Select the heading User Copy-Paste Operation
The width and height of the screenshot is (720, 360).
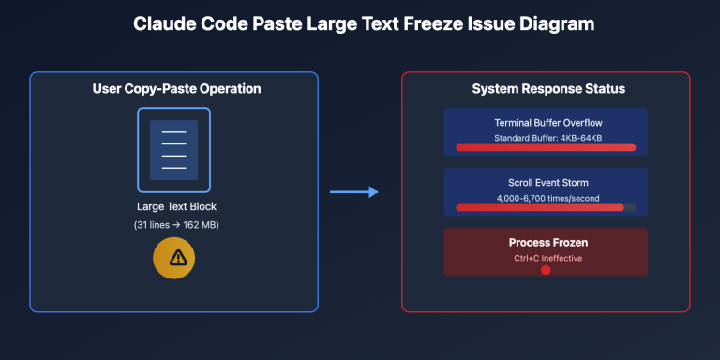[175, 89]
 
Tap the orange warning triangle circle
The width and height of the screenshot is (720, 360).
[173, 258]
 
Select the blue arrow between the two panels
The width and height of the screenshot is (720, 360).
[353, 192]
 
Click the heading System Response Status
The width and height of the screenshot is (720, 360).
[548, 89]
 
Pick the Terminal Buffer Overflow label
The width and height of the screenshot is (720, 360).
[548, 123]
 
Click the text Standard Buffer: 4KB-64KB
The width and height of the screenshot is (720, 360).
[548, 138]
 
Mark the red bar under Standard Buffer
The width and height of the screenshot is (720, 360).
[546, 147]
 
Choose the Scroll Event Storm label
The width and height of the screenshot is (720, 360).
[548, 183]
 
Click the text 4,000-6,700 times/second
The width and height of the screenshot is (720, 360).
[548, 198]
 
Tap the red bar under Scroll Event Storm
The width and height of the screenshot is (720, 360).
[540, 207]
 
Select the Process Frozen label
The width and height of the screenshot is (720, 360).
[548, 243]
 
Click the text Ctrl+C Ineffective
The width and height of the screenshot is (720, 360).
[548, 257]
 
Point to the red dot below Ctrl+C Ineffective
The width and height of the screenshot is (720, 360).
[546, 270]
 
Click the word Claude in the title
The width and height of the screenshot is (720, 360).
[163, 23]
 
